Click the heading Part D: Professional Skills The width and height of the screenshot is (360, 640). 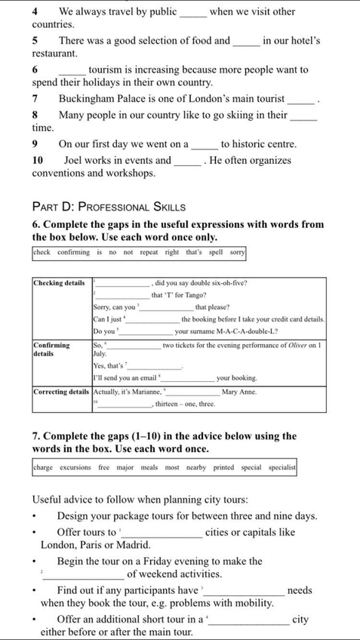click(x=109, y=206)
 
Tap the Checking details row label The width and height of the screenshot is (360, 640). click(x=59, y=282)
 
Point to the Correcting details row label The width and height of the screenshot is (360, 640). click(x=60, y=392)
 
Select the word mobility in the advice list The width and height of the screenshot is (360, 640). click(x=252, y=603)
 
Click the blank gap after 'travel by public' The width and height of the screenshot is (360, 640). click(x=192, y=13)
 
